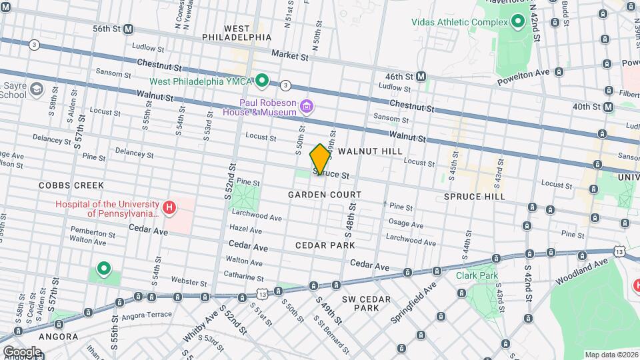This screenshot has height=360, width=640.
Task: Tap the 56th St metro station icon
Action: click(128, 29)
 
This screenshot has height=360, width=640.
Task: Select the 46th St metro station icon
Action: click(421, 77)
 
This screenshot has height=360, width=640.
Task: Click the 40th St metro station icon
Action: click(608, 107)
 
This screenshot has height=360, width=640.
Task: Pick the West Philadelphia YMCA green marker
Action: click(262, 81)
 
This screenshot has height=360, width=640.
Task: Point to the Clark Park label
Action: click(477, 275)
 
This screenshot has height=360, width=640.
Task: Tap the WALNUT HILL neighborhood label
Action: click(370, 152)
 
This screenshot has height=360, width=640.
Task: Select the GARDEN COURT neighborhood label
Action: click(325, 195)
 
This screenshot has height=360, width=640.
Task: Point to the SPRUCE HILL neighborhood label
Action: click(475, 197)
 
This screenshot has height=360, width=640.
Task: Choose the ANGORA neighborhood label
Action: click(58, 337)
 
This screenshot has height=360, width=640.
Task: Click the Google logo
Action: click(22, 351)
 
